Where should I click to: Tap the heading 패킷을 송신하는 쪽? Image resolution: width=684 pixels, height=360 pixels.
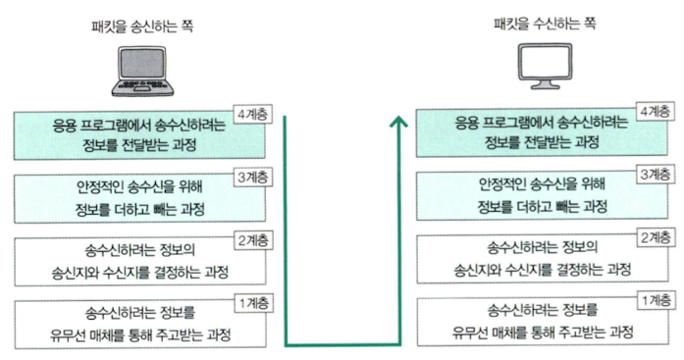tap(141, 27)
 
